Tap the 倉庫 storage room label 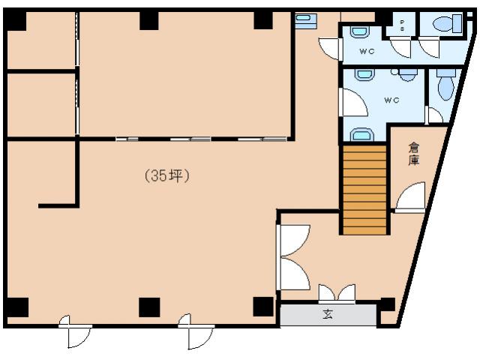click(413, 154)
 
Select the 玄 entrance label click(328, 315)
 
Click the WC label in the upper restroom click(367, 51)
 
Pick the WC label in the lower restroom click(391, 100)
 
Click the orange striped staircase click(364, 189)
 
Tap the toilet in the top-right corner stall click(452, 23)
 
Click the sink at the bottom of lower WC click(362, 135)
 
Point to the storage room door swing click(411, 199)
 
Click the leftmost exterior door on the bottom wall click(75, 334)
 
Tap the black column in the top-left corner click(15, 20)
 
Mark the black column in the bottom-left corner click(16, 307)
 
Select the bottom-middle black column click(149, 307)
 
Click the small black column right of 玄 click(387, 304)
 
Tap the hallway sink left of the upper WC click(304, 21)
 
